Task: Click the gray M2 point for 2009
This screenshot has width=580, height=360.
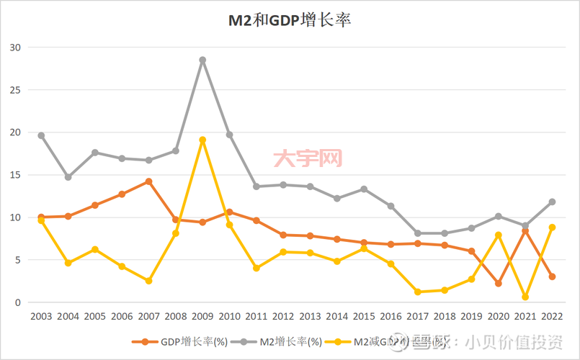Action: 202,60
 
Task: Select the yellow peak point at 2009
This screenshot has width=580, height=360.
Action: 202,140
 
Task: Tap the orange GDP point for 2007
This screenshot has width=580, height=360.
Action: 148,181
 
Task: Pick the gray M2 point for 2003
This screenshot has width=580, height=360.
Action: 41,135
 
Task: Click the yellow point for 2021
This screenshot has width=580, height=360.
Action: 525,297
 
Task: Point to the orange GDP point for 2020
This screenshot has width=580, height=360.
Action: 499,284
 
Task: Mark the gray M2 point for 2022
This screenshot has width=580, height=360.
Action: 552,202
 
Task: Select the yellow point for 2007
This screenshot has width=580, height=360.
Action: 148,281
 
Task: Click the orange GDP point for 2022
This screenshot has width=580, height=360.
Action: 552,276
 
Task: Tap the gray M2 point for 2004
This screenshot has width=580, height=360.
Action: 68,177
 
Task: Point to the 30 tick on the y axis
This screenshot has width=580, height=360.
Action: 16,48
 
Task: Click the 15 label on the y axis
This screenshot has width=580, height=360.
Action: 16,175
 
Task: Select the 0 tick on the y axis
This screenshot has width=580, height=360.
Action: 19,302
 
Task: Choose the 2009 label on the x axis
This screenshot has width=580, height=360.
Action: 202,317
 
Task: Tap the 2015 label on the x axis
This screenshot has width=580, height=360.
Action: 364,317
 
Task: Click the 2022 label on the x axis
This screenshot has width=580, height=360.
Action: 552,317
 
